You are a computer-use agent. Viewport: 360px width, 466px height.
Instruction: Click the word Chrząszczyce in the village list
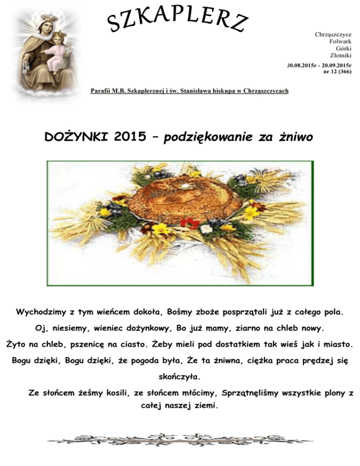333,35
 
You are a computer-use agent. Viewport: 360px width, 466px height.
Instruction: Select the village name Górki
344,49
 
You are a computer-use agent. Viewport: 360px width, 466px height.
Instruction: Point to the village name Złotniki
341,56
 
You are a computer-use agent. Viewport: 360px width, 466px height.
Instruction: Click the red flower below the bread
190,223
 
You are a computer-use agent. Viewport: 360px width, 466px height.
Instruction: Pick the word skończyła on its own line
180,377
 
